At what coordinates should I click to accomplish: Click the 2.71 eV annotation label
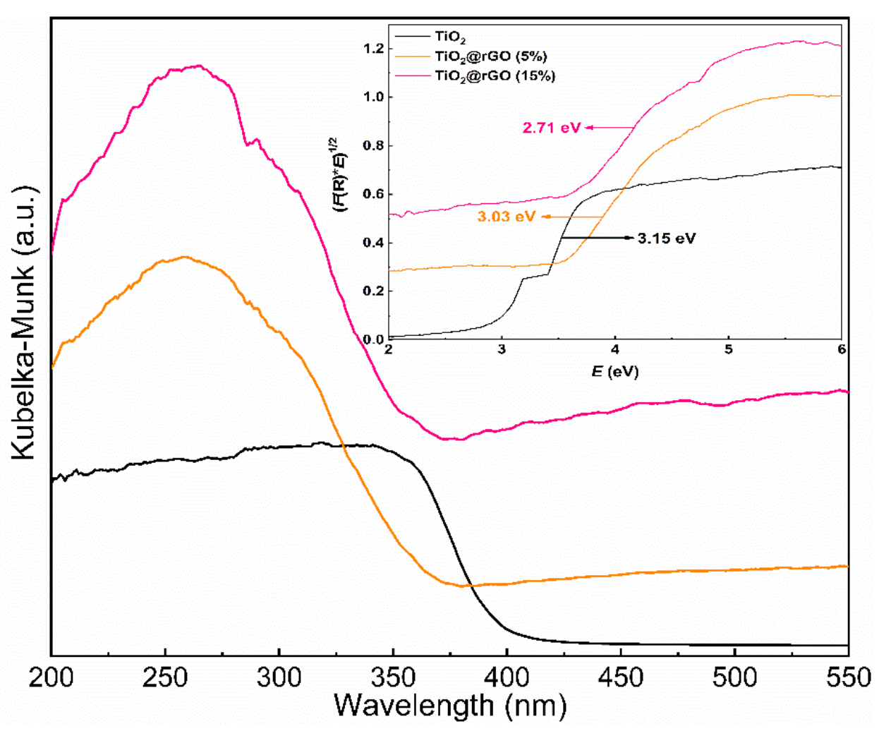[552, 128]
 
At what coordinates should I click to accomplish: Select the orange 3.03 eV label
[506, 217]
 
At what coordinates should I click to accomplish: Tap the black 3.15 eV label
[667, 238]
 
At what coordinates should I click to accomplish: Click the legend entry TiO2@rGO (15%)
[495, 75]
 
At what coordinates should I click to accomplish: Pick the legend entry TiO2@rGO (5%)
[491, 56]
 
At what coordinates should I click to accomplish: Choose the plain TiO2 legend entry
[450, 37]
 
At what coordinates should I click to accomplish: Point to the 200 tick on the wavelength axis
[51, 678]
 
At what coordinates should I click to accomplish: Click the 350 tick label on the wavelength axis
[393, 678]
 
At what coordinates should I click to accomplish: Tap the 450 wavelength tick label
[621, 678]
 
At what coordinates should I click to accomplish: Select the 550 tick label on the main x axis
[847, 678]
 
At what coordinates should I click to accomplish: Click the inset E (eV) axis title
[614, 371]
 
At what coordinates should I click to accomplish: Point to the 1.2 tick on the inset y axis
[373, 49]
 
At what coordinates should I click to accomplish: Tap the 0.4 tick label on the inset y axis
[373, 243]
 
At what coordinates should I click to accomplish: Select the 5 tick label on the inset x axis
[728, 350]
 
